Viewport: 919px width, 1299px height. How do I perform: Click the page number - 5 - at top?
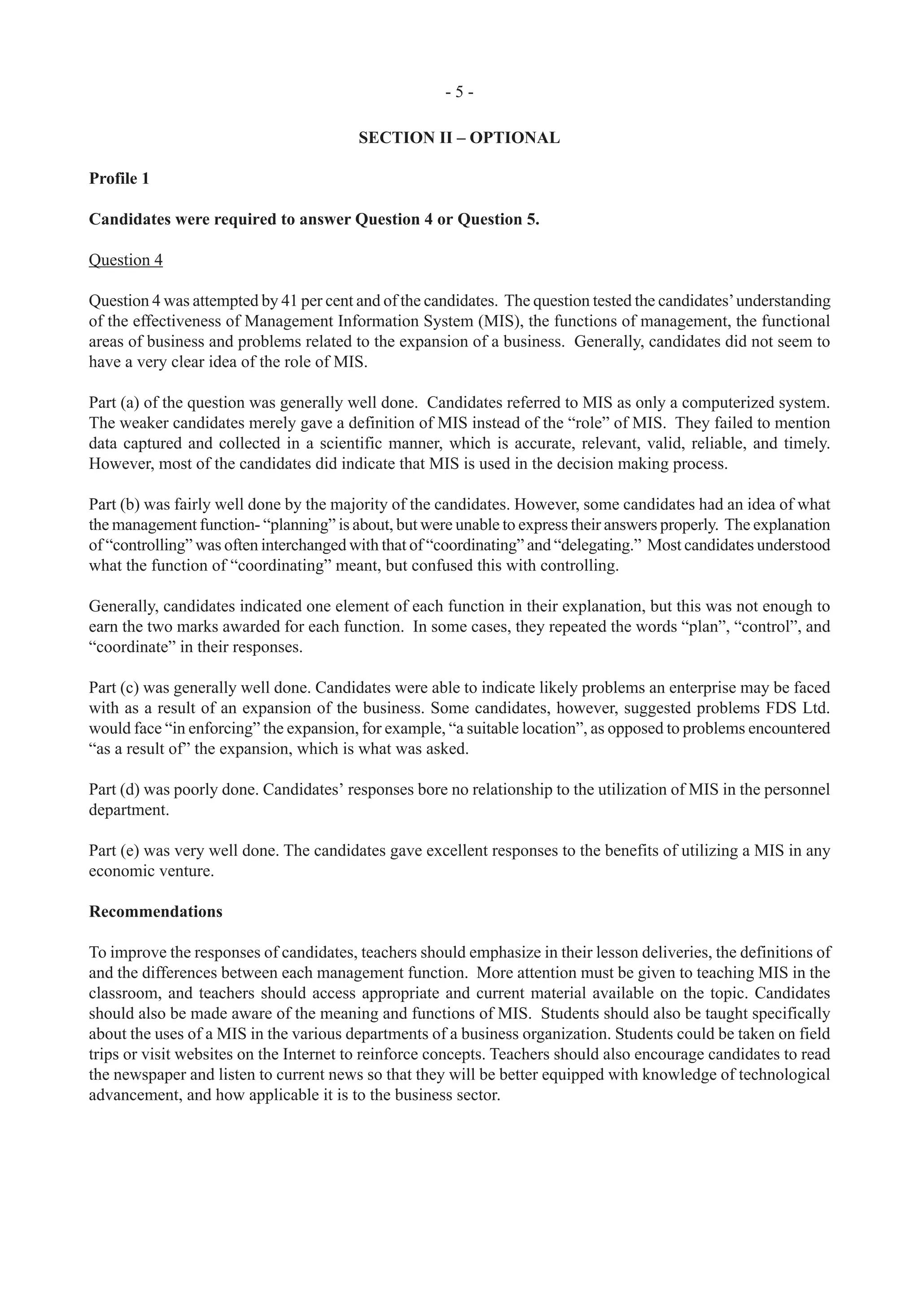pos(459,91)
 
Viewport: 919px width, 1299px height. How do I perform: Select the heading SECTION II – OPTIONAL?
pos(459,138)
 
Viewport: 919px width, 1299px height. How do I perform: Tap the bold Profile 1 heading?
pos(119,179)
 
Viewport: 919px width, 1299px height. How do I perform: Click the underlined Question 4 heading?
pos(126,260)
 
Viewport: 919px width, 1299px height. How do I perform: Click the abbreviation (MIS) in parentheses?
pos(498,321)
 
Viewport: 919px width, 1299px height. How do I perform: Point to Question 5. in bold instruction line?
pos(498,220)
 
